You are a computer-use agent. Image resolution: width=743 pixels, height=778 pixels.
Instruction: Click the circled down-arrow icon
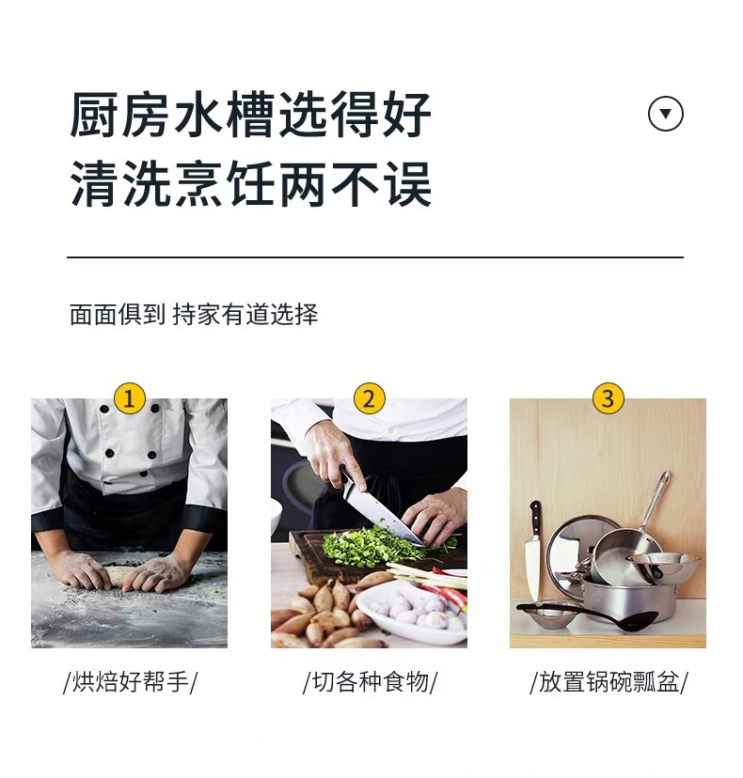666,115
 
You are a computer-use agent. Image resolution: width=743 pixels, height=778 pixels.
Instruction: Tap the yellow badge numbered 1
129,398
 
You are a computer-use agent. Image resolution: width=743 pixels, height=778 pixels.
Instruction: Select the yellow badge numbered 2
369,398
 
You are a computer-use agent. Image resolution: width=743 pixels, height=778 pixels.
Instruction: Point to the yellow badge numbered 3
608,398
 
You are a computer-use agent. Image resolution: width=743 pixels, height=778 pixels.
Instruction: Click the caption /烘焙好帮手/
130,682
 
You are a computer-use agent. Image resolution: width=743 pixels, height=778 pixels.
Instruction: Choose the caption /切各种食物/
370,682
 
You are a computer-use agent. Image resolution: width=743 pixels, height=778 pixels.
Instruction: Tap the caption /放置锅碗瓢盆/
609,682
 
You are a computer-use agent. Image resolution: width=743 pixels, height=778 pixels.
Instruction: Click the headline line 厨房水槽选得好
251,116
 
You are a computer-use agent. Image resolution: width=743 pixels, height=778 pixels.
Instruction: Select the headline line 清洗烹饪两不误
251,184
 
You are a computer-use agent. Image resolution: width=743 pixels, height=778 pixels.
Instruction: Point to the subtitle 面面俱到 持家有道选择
194,315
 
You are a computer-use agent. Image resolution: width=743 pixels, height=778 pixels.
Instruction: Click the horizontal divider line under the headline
374,257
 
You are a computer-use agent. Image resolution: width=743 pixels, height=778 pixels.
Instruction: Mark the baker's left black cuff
52,532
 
